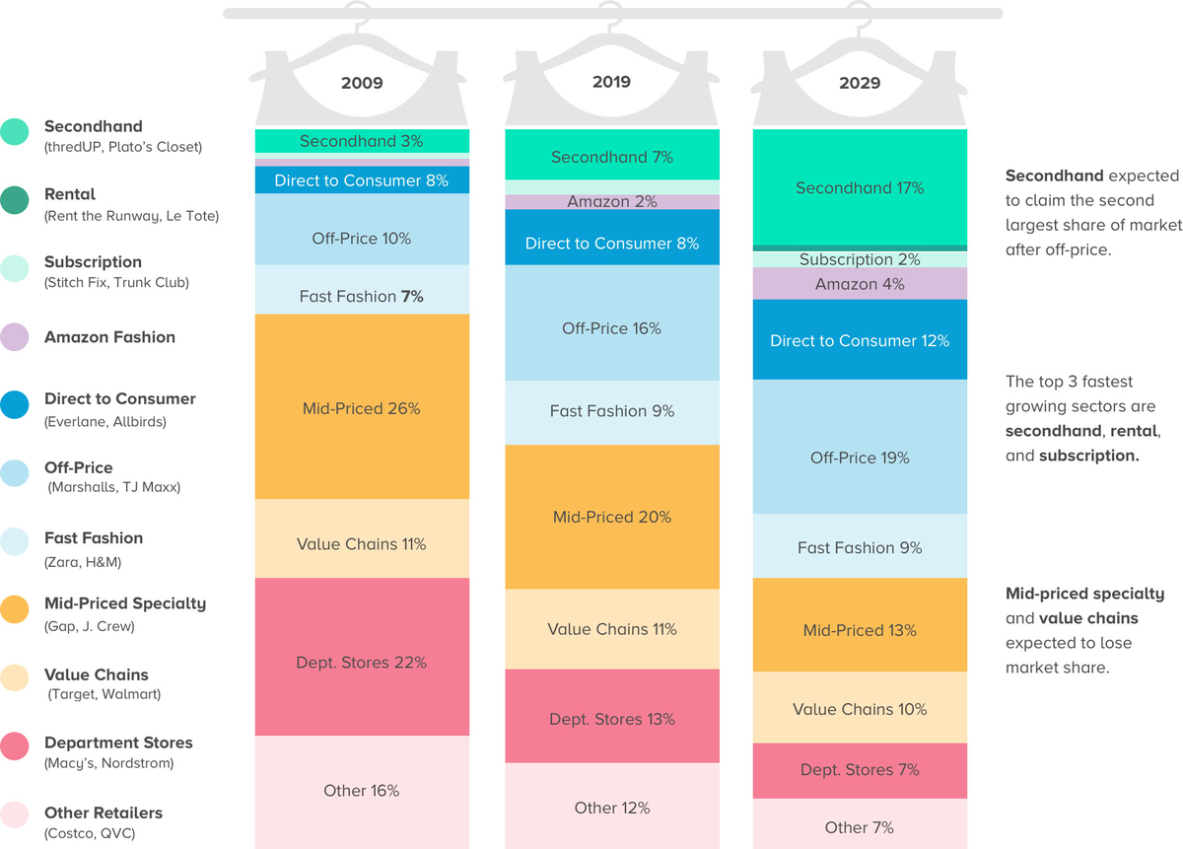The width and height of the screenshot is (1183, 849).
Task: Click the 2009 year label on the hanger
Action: [362, 83]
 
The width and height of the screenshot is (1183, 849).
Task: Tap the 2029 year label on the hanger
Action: [860, 83]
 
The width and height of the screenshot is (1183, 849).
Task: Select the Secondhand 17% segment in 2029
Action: [860, 187]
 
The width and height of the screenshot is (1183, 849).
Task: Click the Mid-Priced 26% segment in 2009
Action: [362, 407]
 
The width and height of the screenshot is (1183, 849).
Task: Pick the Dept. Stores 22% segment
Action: [362, 663]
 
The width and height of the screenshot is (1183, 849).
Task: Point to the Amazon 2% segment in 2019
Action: [611, 202]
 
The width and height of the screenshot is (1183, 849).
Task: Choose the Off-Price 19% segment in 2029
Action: [860, 458]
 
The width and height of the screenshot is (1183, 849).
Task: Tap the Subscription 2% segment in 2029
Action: [860, 259]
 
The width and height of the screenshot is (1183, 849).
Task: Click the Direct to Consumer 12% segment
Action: [860, 340]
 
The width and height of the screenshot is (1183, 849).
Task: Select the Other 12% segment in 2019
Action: [611, 808]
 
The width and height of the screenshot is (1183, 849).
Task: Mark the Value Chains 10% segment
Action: [860, 709]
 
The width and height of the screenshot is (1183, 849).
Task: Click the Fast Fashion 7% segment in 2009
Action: [362, 296]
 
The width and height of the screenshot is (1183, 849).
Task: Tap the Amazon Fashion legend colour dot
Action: [15, 337]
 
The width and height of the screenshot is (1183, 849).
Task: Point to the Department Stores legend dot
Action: [15, 745]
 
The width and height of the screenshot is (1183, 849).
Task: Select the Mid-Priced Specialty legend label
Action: [125, 603]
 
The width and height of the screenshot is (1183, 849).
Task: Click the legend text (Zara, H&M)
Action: [83, 562]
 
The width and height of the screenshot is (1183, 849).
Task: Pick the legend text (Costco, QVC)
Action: [90, 834]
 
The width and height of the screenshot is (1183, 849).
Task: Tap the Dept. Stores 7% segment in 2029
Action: [860, 769]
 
